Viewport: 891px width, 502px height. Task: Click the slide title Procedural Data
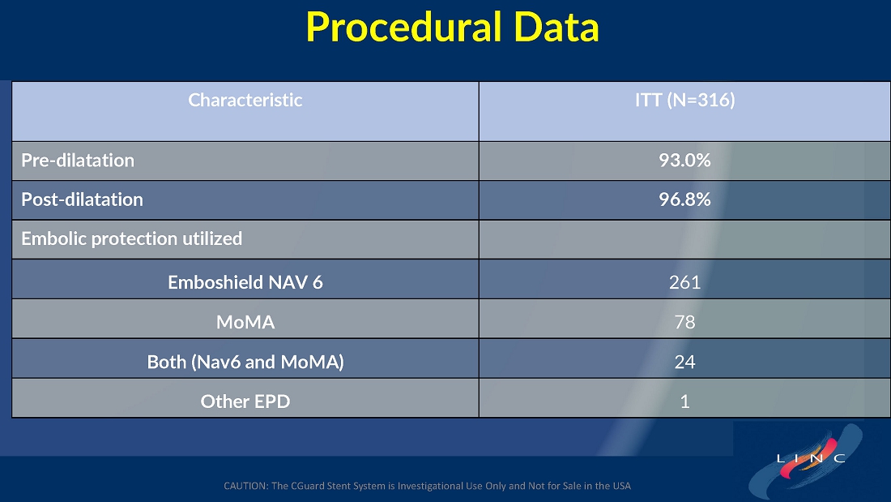(452, 27)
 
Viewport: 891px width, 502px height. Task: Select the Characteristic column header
(245, 101)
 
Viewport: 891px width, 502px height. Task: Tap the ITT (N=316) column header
(684, 101)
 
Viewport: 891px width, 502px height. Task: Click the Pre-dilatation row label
(78, 161)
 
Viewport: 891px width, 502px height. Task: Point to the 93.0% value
(684, 161)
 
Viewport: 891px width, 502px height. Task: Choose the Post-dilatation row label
(82, 200)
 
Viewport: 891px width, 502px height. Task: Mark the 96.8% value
(684, 200)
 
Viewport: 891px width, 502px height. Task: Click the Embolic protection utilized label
(132, 238)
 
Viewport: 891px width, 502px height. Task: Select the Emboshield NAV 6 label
(245, 282)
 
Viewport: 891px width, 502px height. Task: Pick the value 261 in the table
(684, 282)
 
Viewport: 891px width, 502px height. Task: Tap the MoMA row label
(245, 322)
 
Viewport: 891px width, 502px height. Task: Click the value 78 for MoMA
(684, 322)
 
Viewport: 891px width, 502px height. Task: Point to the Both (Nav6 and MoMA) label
(245, 362)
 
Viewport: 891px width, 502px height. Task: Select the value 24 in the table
(684, 362)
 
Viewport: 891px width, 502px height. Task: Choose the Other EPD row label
(245, 401)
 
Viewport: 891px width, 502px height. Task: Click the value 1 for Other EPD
(684, 401)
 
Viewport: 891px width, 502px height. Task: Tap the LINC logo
(807, 459)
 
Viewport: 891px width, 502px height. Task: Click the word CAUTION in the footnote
(246, 486)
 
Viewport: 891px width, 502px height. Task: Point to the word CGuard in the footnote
(309, 486)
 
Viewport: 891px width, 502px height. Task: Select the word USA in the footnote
(621, 486)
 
